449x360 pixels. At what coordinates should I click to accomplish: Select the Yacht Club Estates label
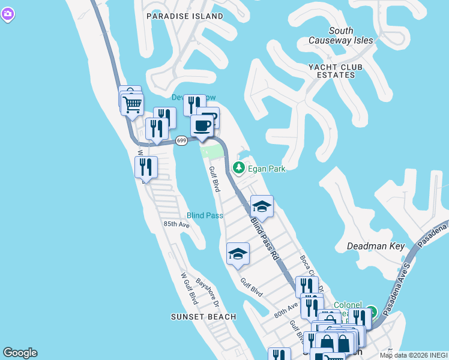[332, 71]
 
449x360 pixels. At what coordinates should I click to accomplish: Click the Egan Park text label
[267, 169]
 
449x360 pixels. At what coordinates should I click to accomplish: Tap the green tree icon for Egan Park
[239, 167]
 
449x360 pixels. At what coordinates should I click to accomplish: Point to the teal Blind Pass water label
[205, 215]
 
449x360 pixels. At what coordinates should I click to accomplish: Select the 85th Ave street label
[176, 224]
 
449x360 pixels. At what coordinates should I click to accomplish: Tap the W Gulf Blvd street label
[189, 288]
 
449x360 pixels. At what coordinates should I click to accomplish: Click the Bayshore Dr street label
[208, 293]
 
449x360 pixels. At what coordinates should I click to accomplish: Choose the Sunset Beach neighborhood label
[203, 317]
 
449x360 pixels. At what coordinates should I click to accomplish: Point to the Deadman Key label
[376, 246]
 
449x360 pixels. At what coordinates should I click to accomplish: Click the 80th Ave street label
[286, 310]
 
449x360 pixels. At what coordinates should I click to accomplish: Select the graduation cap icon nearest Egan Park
[262, 207]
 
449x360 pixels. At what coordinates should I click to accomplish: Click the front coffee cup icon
[202, 126]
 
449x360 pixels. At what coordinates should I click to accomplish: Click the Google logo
[20, 353]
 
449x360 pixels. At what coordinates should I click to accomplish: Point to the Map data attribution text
[414, 355]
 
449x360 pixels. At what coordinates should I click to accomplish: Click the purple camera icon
[7, 15]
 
